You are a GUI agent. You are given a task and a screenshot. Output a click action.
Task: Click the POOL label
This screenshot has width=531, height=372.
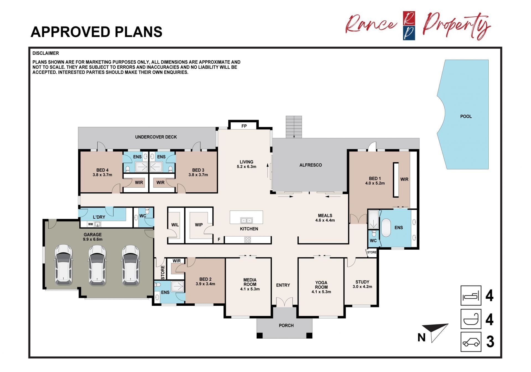point(466,117)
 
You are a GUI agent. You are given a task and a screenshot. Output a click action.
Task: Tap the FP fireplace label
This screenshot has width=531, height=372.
point(244,126)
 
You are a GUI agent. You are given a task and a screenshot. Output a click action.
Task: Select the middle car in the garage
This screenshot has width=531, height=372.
point(97,265)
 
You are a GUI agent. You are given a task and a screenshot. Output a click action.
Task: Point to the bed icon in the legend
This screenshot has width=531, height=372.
point(471,296)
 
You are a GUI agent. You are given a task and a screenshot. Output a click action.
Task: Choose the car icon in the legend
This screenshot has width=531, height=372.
point(471,342)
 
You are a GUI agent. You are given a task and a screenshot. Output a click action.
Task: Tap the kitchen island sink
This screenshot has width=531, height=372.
point(246,221)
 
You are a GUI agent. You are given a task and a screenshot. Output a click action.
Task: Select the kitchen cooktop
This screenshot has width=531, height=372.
point(248,240)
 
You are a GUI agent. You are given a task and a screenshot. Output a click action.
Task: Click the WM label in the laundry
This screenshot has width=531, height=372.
point(90,224)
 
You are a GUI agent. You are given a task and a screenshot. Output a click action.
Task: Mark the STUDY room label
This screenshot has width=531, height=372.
point(362,282)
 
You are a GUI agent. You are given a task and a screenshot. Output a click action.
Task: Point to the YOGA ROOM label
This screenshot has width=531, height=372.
point(321,285)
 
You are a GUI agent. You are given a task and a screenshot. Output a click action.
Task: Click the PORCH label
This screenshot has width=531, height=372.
point(286,325)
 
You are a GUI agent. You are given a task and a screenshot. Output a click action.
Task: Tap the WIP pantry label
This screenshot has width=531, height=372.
point(199,225)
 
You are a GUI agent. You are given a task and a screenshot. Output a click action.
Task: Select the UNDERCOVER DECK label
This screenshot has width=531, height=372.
point(156,137)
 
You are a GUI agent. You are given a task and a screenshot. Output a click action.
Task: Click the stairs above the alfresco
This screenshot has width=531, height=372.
point(294,127)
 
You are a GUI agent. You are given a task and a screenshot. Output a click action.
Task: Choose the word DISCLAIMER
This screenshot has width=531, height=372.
point(46,53)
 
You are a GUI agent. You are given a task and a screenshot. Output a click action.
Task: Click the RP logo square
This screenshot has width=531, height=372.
point(409,26)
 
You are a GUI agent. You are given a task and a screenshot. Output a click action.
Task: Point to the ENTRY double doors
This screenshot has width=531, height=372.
point(285,302)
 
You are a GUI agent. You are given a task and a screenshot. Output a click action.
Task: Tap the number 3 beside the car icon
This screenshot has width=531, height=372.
point(490,342)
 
